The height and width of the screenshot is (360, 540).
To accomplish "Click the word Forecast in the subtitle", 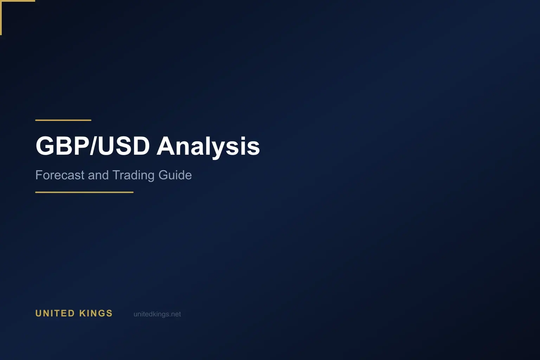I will pyautogui.click(x=60, y=175).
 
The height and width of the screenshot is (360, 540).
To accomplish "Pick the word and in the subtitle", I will pyautogui.click(x=98, y=175).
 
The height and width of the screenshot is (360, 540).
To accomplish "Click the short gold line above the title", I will pyautogui.click(x=63, y=120).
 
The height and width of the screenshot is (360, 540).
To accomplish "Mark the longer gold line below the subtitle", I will pyautogui.click(x=84, y=192).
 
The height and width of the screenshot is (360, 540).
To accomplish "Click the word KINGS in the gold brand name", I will pyautogui.click(x=96, y=313).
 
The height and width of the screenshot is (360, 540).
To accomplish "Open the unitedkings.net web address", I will pyautogui.click(x=157, y=314).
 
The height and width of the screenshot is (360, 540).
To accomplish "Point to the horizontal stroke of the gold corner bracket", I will pyautogui.click(x=18, y=1).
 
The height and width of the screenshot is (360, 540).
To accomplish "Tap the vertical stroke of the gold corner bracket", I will pyautogui.click(x=1, y=18).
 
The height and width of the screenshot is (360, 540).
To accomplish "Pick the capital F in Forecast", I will pyautogui.click(x=39, y=175).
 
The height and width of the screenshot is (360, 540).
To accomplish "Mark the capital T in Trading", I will pyautogui.click(x=116, y=175).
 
